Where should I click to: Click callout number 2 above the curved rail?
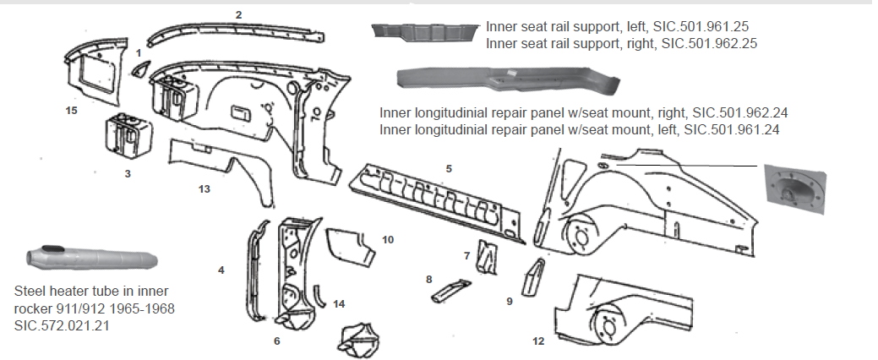click(238, 14)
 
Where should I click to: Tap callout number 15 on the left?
click(73, 110)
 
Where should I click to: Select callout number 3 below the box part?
click(126, 173)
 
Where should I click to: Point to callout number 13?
click(204, 188)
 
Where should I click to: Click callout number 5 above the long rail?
click(449, 168)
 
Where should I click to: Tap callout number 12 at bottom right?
click(538, 341)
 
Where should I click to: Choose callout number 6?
click(275, 341)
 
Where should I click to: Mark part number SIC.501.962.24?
click(736, 112)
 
